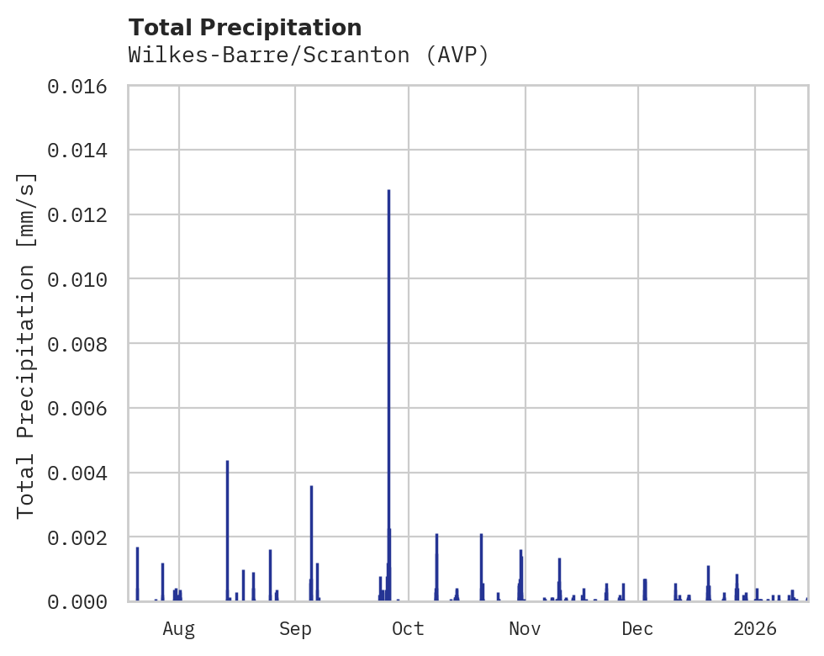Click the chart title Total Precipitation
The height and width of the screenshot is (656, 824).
245,28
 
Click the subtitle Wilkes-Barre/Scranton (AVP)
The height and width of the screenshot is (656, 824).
309,56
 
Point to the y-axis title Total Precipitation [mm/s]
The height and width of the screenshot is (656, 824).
26,345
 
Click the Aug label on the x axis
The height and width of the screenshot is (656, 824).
179,628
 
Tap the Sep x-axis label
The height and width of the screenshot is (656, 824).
295,628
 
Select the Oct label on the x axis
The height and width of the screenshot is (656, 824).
408,628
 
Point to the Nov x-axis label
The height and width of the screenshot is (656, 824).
524,628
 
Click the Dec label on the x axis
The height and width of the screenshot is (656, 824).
638,628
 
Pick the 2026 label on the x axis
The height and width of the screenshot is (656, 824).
754,628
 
